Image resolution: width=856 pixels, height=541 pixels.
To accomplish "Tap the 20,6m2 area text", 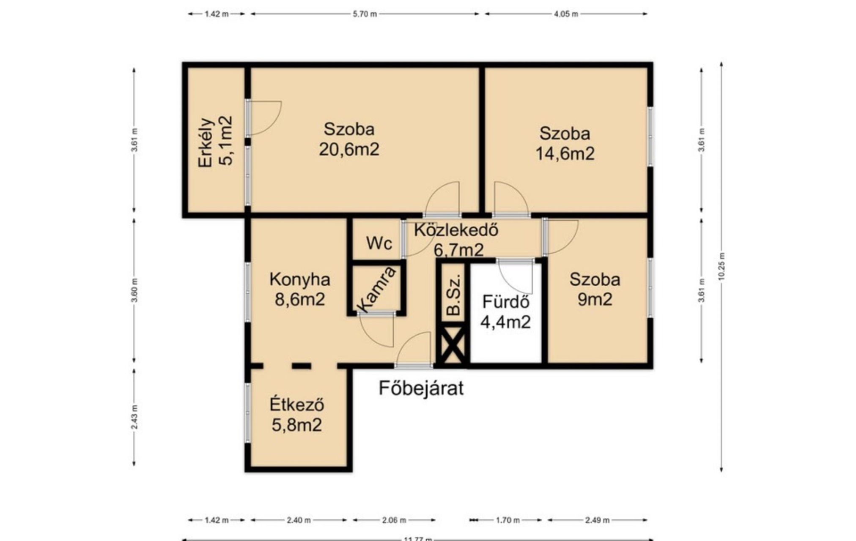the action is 349,149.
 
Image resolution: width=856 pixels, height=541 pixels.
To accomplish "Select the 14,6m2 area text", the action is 565,153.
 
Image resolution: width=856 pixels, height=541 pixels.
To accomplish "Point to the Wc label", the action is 379,243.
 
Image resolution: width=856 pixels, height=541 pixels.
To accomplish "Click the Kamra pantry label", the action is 376,290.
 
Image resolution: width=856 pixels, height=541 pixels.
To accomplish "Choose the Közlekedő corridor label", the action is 456,230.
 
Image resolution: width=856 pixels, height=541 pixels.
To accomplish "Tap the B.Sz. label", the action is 453,295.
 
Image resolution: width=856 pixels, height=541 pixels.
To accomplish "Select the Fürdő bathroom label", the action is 506,302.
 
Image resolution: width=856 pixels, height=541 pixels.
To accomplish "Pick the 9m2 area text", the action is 595,300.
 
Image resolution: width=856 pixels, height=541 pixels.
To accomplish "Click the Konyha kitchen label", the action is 300,279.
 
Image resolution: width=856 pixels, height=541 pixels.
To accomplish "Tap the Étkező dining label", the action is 297,404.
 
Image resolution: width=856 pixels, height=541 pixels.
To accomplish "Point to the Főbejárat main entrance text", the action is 421,388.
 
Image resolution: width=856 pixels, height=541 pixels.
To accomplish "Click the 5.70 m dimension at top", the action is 365,14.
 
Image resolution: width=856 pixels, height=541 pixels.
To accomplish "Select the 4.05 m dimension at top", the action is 566,14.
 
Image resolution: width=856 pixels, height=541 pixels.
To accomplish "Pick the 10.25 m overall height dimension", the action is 722,266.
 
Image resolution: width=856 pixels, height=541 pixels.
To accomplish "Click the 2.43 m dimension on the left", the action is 134,417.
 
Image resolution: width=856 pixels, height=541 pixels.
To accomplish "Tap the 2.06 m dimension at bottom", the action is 394,520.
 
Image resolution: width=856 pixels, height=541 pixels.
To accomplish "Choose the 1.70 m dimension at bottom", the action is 506,520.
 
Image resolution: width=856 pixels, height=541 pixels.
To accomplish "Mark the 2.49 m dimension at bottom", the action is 597,520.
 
